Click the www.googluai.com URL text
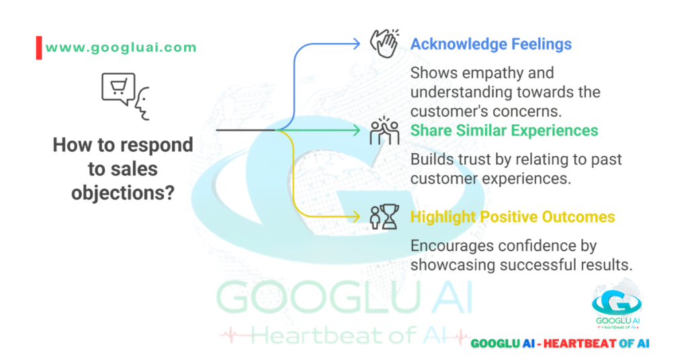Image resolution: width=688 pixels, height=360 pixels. [x=121, y=48]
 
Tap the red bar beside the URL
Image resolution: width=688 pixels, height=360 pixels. [x=39, y=48]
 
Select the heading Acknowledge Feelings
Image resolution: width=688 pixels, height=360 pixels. [x=490, y=45]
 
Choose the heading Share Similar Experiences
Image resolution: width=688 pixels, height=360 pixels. [x=504, y=130]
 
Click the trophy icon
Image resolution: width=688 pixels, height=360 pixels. [x=384, y=216]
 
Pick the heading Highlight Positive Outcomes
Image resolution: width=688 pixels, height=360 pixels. [x=513, y=217]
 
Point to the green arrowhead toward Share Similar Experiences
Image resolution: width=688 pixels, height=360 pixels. [x=356, y=130]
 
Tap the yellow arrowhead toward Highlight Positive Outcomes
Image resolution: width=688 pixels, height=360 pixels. [x=356, y=216]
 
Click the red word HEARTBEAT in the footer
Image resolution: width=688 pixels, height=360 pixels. [x=576, y=343]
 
